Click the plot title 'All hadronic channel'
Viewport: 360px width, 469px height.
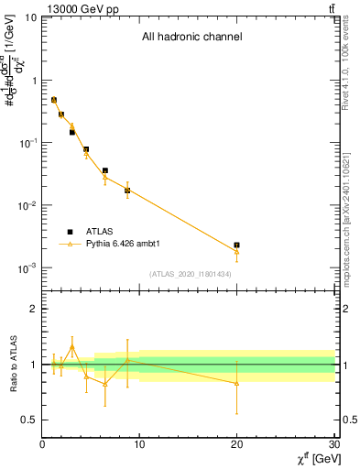191,38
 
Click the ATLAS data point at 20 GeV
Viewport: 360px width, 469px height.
236,245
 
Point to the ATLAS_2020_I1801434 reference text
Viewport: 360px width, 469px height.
191,274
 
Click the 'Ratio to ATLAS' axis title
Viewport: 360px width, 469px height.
13,364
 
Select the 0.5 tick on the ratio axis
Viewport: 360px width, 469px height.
27,420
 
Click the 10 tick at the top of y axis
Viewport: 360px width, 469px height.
29,17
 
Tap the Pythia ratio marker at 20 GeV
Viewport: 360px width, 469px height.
236,383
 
